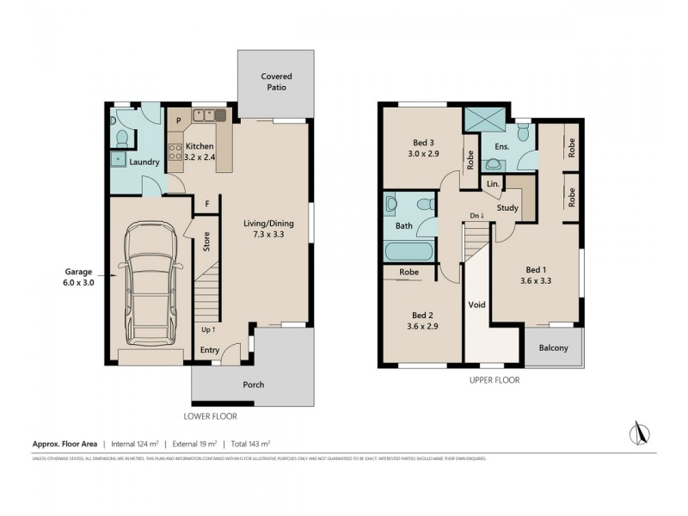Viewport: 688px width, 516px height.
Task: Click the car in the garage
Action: pos(151,279)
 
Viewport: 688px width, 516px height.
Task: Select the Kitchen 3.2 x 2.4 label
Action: pos(200,151)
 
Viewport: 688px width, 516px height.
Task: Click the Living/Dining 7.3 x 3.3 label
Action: pos(273,229)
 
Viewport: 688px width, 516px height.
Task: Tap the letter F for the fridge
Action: pos(206,203)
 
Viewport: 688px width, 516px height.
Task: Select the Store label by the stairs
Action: pos(206,243)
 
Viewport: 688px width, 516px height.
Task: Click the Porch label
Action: pos(253,384)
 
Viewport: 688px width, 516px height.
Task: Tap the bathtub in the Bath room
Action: pos(408,252)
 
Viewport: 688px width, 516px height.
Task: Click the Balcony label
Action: pos(553,347)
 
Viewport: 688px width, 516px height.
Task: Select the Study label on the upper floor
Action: pos(507,207)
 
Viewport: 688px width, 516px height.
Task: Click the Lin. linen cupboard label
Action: pos(493,184)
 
